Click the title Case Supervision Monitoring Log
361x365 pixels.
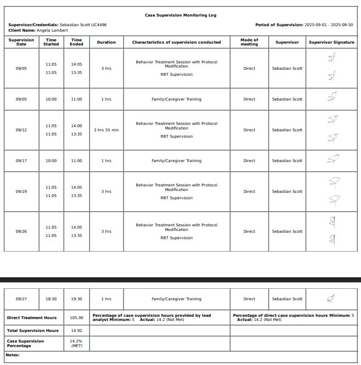(180, 15)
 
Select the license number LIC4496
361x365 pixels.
(99, 25)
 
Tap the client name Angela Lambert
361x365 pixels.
(52, 30)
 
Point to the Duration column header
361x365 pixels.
(106, 42)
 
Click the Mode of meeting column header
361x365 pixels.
(249, 42)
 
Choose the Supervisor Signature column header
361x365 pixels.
(332, 42)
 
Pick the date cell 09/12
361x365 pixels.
(21, 130)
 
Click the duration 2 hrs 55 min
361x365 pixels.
(106, 130)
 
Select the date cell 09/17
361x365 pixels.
(21, 161)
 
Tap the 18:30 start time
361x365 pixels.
(51, 299)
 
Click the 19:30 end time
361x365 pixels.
(76, 299)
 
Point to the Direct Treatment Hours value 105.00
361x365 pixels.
(76, 318)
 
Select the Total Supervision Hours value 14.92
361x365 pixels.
(76, 331)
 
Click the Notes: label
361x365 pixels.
(12, 355)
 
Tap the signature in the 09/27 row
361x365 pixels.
(331, 299)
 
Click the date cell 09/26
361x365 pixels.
(21, 231)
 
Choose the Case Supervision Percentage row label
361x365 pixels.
(25, 343)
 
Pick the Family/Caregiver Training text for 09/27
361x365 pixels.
(176, 299)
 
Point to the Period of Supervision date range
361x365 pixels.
(329, 25)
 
